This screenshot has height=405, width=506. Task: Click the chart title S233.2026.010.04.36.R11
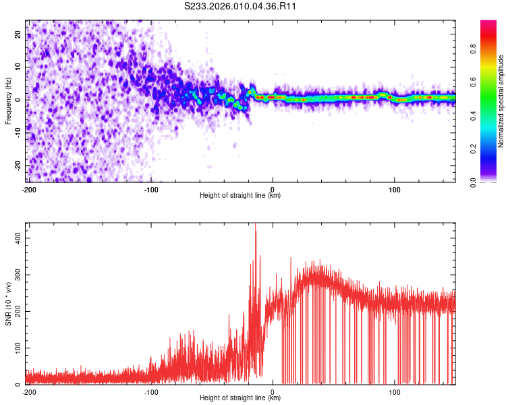(x=241, y=6)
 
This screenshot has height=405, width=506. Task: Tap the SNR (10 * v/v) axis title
(x=9, y=304)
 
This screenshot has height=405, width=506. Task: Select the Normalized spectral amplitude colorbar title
(x=501, y=101)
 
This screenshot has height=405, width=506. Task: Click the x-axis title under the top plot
(x=240, y=195)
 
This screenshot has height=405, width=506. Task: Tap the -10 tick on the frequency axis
(x=18, y=132)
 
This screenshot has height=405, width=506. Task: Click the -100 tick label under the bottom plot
(x=151, y=391)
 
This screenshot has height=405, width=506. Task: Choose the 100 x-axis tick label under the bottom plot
(x=395, y=391)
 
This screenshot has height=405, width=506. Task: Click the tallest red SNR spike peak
(x=255, y=225)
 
